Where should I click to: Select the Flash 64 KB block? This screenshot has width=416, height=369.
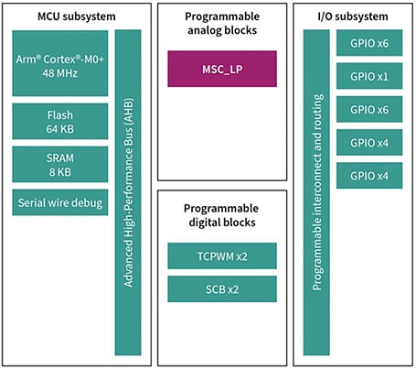point(61,121)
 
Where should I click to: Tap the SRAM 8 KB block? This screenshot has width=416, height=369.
point(61,164)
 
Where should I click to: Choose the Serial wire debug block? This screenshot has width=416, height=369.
point(61,202)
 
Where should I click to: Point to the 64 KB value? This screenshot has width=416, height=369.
point(61,129)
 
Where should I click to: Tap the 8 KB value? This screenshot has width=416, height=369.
point(61,172)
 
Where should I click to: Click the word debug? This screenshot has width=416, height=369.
point(87,203)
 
